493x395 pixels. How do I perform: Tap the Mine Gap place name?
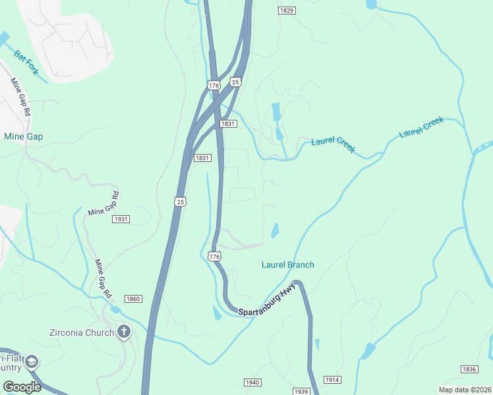click(x=23, y=136)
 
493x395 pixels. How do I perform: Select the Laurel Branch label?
click(x=287, y=265)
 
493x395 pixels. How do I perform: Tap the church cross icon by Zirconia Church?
click(x=123, y=332)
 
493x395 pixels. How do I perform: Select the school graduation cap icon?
click(x=31, y=362)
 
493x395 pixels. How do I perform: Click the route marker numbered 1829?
click(x=286, y=11)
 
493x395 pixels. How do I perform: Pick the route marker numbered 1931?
click(x=121, y=219)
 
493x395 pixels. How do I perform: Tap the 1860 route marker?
click(x=133, y=299)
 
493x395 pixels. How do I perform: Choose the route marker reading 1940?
click(x=252, y=382)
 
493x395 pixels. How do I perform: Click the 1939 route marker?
click(x=301, y=392)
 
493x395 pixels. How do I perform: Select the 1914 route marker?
click(x=333, y=380)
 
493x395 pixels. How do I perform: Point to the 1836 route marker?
click(x=469, y=369)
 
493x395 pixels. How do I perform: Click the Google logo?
click(x=21, y=387)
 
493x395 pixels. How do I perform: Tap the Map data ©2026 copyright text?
click(x=465, y=390)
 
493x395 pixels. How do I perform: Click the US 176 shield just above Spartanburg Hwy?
click(x=214, y=256)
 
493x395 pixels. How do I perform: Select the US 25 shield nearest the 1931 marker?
click(x=180, y=201)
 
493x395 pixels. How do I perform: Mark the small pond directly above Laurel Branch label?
click(x=274, y=230)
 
